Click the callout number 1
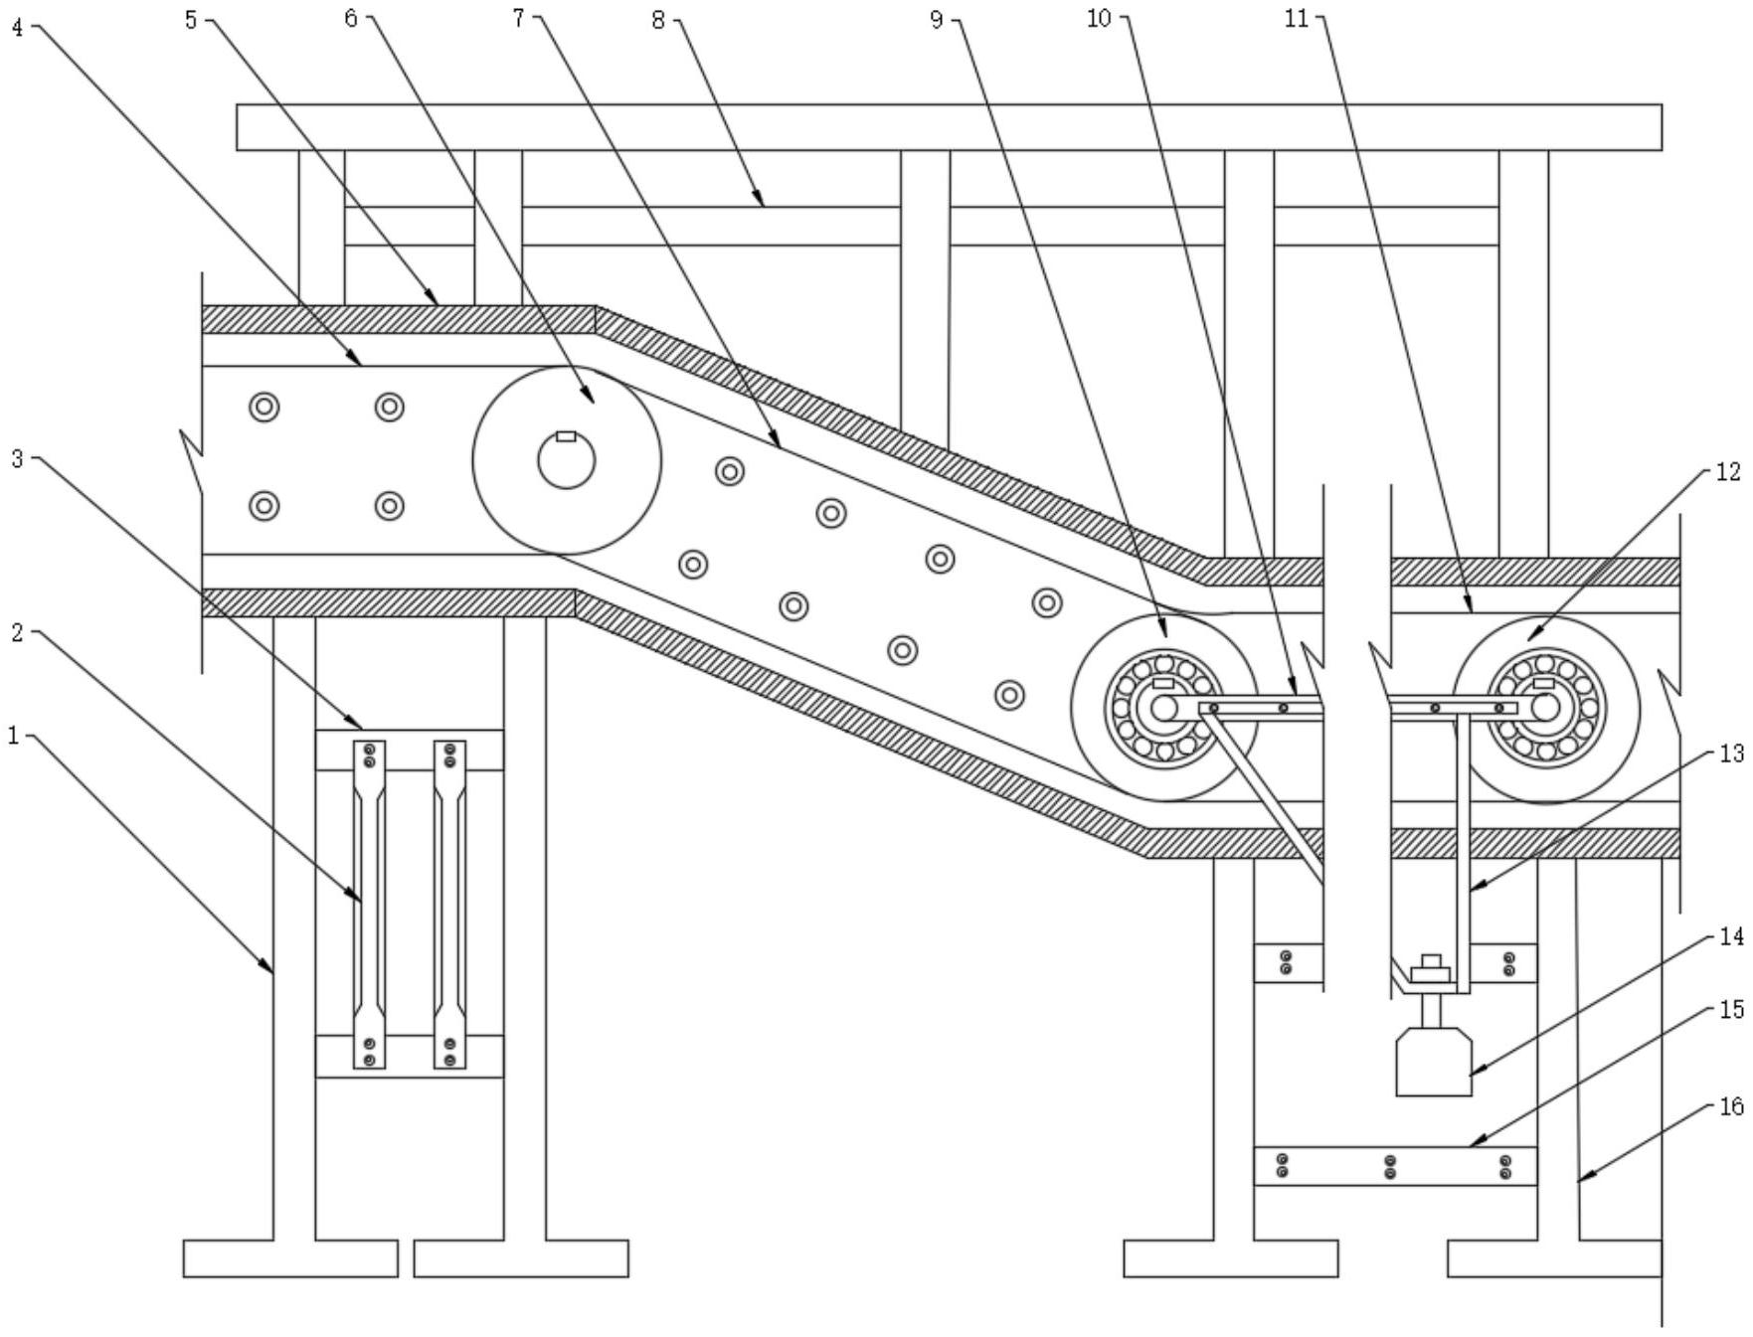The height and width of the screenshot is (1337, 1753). [13, 736]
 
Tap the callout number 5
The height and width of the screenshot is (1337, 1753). [191, 20]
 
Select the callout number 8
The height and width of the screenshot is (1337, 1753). [658, 20]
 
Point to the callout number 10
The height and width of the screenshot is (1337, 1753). [1099, 18]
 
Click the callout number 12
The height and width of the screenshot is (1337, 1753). [1729, 472]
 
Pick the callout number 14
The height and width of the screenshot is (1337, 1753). [1731, 936]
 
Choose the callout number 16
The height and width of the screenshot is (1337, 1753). [1731, 1106]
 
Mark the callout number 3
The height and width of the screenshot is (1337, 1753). [17, 458]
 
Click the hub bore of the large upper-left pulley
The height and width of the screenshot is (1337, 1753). [567, 461]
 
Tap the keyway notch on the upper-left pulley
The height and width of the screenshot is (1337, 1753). [566, 436]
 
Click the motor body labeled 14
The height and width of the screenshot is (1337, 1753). [1434, 1064]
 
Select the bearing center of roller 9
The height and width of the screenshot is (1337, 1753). [1163, 709]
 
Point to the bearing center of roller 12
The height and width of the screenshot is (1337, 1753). [1544, 709]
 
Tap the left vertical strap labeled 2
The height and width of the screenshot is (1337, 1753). [370, 904]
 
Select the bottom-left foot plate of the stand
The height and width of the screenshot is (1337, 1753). [290, 1258]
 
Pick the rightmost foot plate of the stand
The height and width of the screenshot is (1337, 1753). [1554, 1258]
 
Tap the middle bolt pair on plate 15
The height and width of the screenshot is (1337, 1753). [1390, 1167]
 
